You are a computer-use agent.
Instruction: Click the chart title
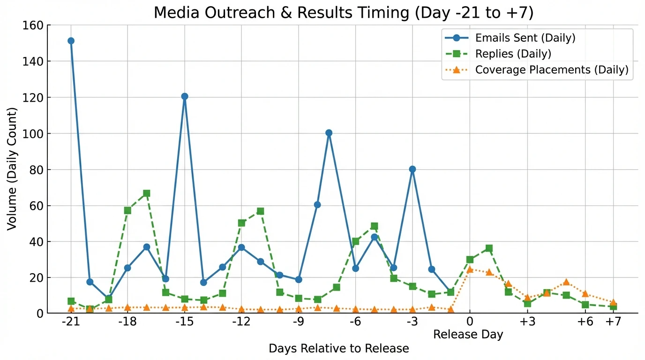(x=344, y=13)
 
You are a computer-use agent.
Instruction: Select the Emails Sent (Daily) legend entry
(x=525, y=38)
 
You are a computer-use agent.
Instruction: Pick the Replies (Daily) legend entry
(x=513, y=54)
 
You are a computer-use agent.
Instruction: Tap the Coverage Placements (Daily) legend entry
(x=551, y=70)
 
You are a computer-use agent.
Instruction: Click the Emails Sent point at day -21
(x=71, y=41)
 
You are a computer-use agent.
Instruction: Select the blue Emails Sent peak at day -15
(x=185, y=97)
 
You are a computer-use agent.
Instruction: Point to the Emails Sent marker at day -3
(x=412, y=169)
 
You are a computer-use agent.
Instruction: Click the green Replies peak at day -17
(x=147, y=193)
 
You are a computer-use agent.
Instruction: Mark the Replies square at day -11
(x=261, y=211)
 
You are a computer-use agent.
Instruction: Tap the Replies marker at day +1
(x=489, y=248)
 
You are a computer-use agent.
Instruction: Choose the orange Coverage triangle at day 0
(x=470, y=270)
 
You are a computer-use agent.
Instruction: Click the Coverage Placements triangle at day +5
(x=566, y=282)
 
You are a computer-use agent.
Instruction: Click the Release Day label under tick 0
(x=468, y=334)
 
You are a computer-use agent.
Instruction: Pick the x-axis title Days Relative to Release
(x=338, y=349)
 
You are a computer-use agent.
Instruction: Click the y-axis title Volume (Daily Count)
(x=12, y=169)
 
